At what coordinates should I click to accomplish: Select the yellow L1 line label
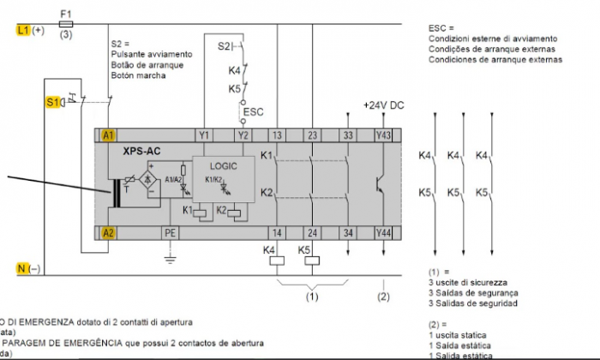[23, 29]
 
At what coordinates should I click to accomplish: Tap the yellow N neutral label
[23, 269]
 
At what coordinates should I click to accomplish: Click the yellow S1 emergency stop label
[51, 102]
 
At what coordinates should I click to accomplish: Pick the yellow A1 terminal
[108, 135]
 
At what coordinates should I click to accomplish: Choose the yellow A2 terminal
[108, 231]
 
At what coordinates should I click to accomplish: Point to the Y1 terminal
[204, 135]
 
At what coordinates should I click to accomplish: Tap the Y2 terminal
[243, 135]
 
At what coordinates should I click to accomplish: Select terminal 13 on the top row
[277, 135]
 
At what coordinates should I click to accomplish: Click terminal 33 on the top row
[347, 135]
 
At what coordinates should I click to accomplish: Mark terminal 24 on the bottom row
[312, 231]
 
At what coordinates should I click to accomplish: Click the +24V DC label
[382, 105]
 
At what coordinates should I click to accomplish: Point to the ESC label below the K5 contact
[253, 111]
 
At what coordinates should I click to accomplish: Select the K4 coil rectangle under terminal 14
[277, 261]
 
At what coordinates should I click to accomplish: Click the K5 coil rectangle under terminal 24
[312, 261]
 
